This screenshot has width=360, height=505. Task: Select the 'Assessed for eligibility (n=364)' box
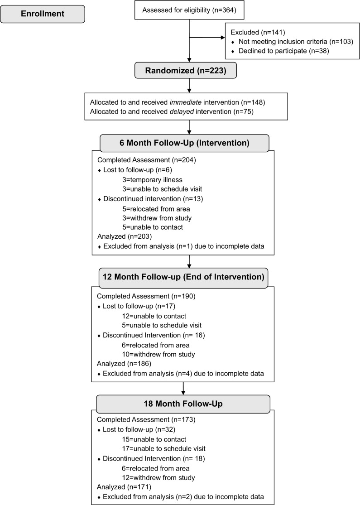coord(189,10)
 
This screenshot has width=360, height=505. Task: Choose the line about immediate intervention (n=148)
coord(178,102)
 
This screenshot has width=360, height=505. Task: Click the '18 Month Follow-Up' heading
coord(183,403)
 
